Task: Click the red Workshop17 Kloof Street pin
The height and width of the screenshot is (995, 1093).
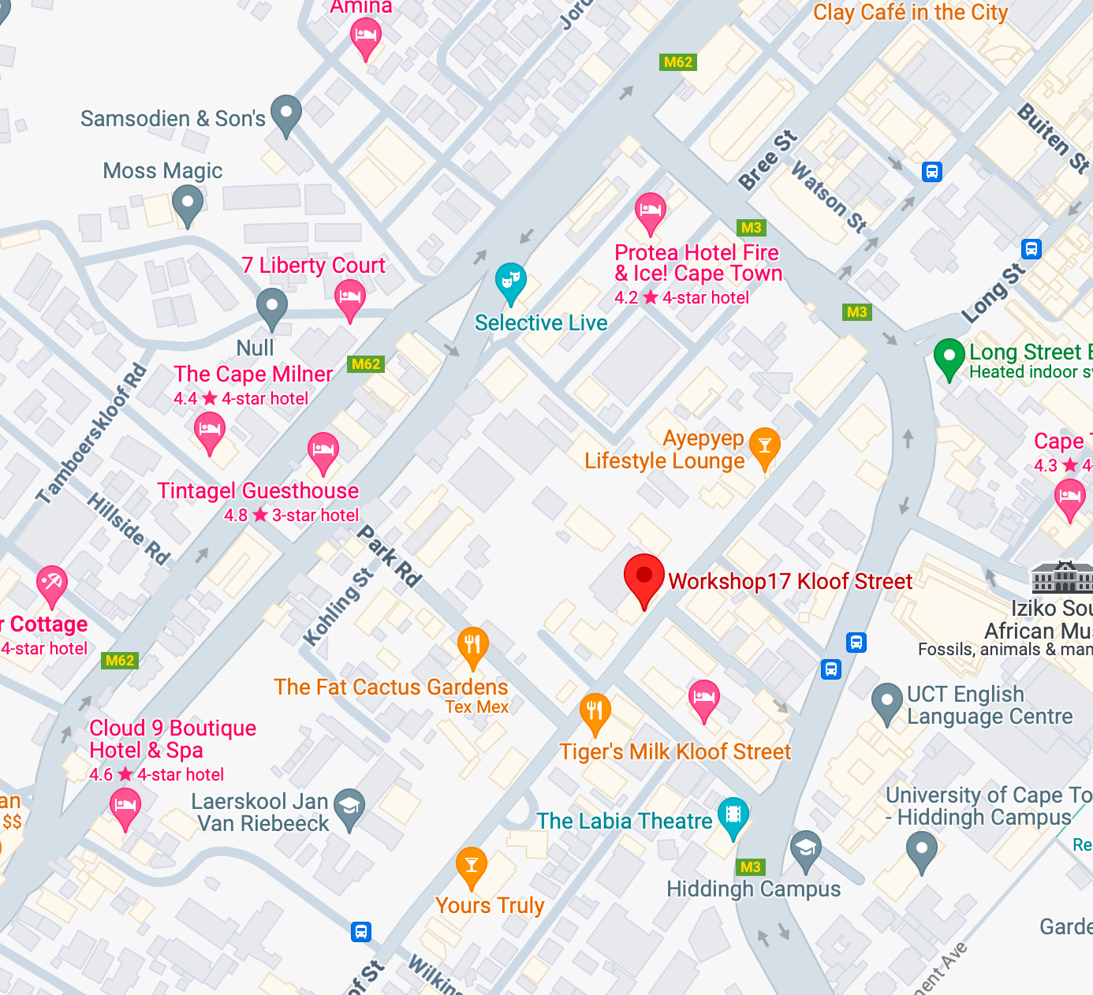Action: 643,577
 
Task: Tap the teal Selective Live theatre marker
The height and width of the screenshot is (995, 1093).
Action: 510,281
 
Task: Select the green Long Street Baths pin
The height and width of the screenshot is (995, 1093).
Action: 949,357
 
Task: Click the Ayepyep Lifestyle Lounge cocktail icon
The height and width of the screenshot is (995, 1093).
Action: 764,447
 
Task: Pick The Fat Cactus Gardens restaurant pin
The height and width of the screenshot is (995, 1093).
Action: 472,646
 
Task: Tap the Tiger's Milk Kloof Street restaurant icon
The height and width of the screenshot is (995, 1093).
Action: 595,713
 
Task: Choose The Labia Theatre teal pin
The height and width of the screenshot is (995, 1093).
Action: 733,816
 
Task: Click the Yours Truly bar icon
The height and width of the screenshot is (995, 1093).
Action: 471,866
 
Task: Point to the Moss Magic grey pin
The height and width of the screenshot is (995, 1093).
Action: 187,203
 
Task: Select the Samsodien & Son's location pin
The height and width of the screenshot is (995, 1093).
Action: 285,114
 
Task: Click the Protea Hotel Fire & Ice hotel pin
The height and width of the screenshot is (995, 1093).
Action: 650,211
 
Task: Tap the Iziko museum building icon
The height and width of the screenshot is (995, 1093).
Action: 1062,578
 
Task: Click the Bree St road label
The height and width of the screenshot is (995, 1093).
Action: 767,162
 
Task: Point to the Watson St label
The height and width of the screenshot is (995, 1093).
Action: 829,197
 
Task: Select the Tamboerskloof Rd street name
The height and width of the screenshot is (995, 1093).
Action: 92,433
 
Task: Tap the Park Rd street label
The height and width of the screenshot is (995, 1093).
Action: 390,556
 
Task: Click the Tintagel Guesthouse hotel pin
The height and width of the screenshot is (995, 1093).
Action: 323,452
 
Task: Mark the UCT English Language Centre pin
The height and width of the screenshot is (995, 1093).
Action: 886,702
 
